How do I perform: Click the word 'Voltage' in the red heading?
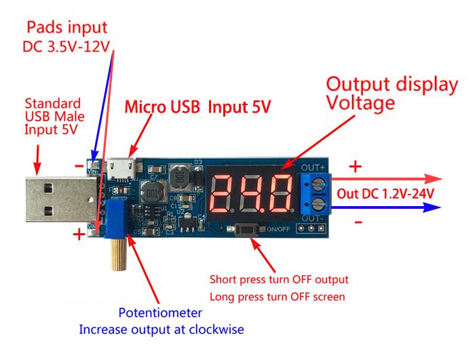(x=360, y=104)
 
